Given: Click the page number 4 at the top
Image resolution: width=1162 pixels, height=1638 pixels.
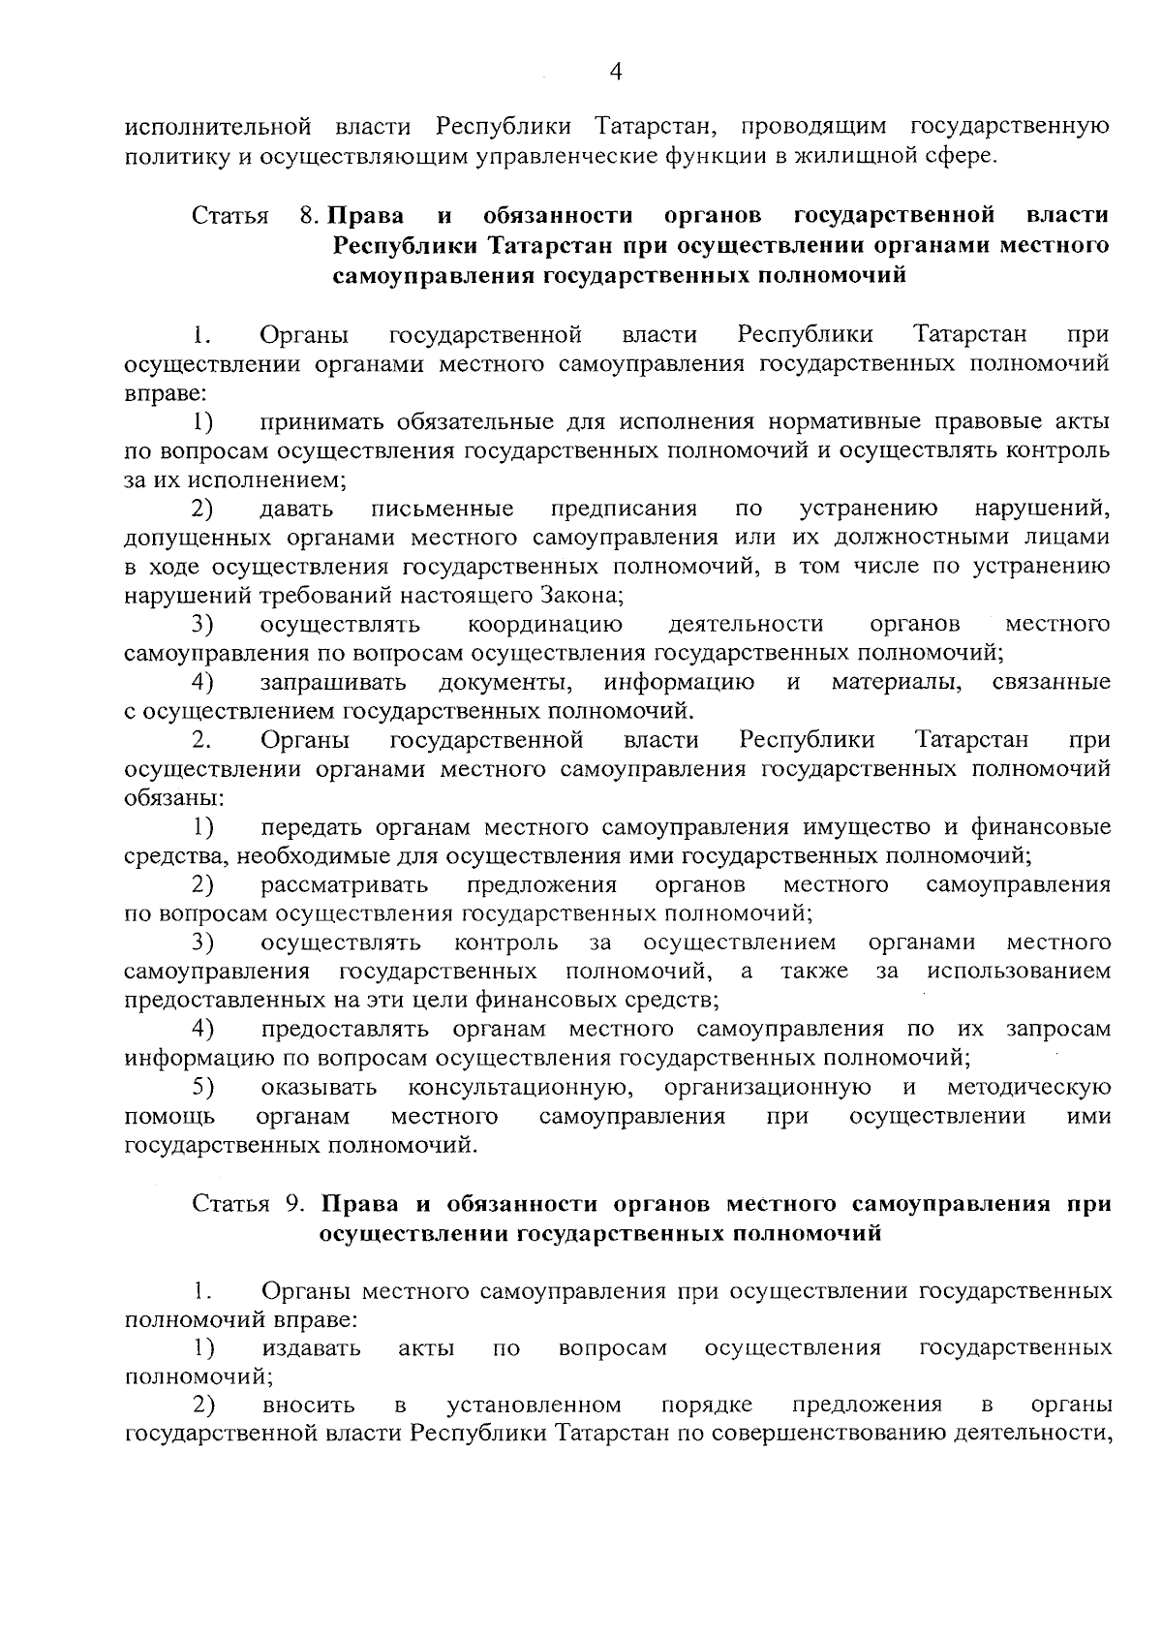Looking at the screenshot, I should (616, 73).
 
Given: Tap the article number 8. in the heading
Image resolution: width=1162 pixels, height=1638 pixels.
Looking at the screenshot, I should (311, 215).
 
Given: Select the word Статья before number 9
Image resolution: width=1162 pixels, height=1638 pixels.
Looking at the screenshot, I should (230, 1204).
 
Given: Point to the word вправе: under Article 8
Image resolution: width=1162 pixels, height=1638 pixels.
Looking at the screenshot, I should (166, 393).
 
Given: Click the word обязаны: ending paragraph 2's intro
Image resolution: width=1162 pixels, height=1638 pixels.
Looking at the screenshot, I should (173, 799).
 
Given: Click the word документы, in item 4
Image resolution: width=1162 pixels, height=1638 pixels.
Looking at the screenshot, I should (505, 683).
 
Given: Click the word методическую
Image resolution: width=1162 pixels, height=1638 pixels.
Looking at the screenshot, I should (1028, 1087).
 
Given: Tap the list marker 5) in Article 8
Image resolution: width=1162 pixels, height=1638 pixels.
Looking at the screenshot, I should (202, 1086).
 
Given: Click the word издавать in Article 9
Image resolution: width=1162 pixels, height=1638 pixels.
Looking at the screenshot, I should (311, 1348).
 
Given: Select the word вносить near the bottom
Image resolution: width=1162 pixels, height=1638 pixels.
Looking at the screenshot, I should (308, 1406).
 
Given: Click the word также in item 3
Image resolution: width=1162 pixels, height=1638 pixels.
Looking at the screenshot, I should (815, 971).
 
